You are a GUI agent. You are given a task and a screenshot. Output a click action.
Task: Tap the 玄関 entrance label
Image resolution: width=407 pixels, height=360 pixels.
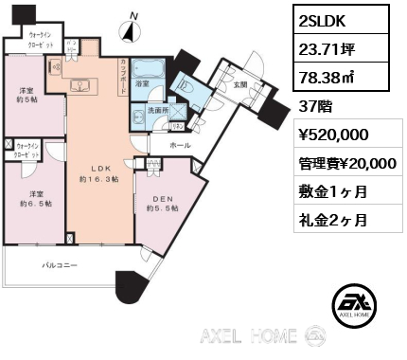(239, 84)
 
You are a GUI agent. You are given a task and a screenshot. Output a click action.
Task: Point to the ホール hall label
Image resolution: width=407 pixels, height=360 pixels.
(179, 147)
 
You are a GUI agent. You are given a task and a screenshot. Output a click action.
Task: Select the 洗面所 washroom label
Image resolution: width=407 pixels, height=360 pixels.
(157, 111)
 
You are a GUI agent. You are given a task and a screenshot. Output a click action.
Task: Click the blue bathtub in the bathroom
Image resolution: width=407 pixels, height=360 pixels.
(148, 72)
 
